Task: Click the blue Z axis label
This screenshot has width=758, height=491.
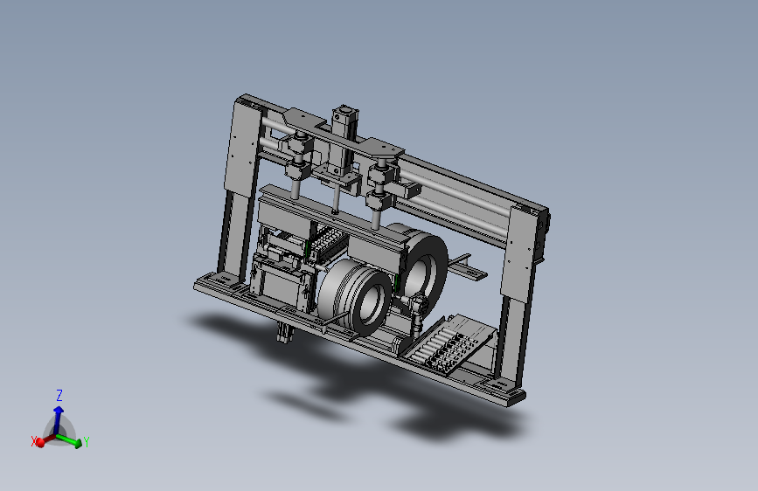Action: click(59, 395)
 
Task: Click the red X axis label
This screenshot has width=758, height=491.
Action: click(34, 441)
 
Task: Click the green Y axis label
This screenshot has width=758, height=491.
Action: click(86, 442)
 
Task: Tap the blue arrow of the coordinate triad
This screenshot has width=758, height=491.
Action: click(59, 419)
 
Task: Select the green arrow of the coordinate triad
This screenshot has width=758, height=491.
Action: click(67, 439)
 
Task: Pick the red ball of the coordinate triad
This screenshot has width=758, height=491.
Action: click(40, 442)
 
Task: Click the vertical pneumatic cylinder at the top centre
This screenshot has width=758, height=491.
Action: click(344, 140)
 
